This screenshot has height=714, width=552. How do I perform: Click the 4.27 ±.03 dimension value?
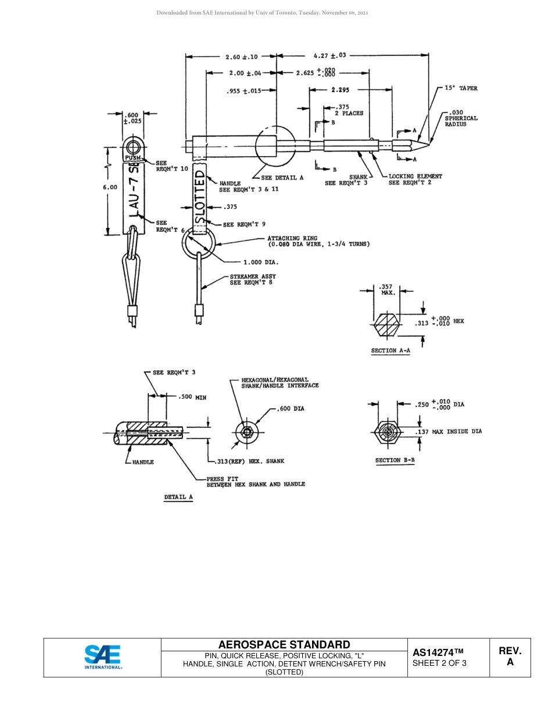point(329,56)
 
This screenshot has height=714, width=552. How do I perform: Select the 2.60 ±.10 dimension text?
point(241,57)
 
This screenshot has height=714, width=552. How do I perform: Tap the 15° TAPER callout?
point(461,88)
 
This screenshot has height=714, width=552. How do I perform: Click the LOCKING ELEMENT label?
point(415,176)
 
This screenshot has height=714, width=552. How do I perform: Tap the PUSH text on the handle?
point(132,157)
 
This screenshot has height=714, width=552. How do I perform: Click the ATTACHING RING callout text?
point(318,241)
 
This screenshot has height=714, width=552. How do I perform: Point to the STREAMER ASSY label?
point(253,279)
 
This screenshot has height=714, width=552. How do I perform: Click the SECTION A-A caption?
point(390,351)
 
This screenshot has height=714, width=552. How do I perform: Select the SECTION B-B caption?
point(395,460)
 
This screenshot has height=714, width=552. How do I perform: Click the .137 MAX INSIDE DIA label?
point(449,431)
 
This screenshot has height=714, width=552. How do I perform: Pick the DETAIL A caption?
point(178,497)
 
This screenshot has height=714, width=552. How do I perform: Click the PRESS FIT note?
point(256,481)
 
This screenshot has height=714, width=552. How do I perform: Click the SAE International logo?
point(103,657)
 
